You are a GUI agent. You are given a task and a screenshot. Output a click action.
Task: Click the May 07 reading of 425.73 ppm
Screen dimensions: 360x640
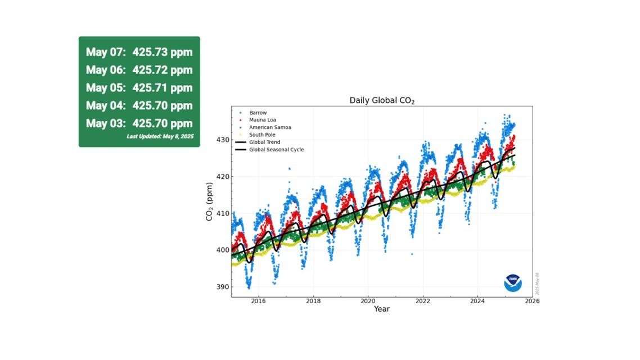pos(163,52)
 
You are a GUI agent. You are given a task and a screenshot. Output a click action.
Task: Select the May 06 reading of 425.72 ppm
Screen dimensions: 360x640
pos(163,70)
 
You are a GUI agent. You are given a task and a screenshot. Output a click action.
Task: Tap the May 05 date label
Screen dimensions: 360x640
pos(106,88)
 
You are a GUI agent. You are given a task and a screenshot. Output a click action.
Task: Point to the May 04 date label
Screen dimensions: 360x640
pos(106,106)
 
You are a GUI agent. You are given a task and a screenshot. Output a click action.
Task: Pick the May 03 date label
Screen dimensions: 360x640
pos(106,124)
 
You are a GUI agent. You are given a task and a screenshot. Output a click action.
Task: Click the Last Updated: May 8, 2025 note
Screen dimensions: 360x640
pos(160,137)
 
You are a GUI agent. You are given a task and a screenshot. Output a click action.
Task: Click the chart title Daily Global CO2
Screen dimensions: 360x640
pos(382,101)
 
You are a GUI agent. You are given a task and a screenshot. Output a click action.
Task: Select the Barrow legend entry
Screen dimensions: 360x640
pos(258,113)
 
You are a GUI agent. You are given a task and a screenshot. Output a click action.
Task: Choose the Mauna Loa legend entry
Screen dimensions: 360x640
pos(262,120)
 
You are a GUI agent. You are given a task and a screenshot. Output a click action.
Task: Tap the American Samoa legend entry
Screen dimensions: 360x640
pos(270,128)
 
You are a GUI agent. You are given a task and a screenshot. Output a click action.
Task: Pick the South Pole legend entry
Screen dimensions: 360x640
pos(262,135)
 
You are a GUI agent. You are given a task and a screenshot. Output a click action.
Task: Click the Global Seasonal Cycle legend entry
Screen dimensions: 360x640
pos(276,150)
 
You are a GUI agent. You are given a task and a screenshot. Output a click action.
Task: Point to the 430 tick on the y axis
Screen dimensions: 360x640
pos(222,139)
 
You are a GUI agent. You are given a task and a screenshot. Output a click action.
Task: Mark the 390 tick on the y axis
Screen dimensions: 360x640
pos(222,287)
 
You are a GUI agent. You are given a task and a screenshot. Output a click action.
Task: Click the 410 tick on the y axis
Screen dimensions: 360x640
pos(222,213)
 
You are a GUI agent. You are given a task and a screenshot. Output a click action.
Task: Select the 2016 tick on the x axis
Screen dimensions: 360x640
pos(258,301)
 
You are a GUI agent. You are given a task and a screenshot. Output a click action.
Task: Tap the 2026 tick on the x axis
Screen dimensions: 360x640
pos(532,301)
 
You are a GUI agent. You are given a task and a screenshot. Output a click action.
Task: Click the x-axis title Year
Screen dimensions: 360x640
pos(382,309)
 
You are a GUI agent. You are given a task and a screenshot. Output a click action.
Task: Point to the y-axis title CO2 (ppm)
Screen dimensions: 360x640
pos(209,201)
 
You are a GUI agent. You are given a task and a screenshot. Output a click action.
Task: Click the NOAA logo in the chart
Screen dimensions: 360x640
pos(512,283)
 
